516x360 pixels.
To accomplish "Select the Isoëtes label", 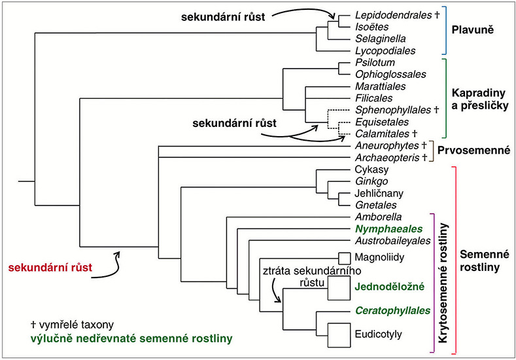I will pos(371,26).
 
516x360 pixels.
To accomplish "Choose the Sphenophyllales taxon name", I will pos(392,110).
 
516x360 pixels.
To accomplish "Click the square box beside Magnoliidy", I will pos(345,258).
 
